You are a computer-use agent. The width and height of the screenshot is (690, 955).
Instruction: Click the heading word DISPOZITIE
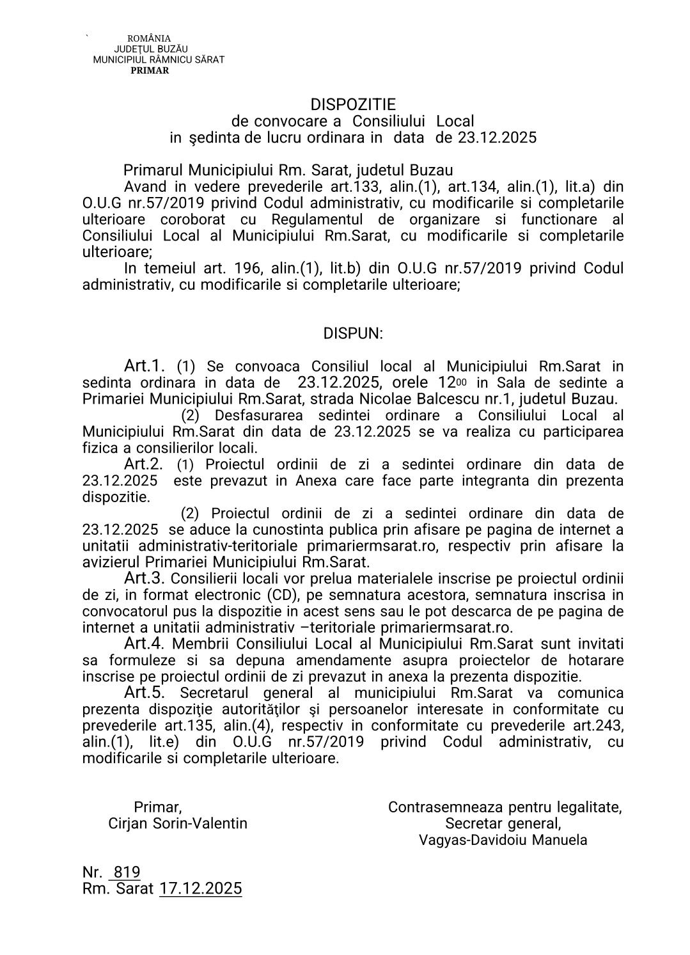(353, 104)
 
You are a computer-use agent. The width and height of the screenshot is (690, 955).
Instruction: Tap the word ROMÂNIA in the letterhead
(150, 39)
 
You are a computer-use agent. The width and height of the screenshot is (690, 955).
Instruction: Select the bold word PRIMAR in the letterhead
(150, 70)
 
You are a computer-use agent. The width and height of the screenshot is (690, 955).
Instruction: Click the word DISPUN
(353, 333)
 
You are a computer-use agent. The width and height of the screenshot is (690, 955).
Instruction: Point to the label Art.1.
(145, 366)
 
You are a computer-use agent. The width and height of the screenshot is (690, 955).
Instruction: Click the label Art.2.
(143, 464)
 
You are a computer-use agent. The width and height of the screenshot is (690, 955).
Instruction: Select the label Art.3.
(145, 578)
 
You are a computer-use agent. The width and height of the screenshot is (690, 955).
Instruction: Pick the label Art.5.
(145, 692)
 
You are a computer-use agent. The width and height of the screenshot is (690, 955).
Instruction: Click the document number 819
(127, 872)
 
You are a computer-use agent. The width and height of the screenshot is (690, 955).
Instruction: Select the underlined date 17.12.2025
(201, 888)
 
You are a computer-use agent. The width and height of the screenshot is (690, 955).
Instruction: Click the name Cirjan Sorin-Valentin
(178, 823)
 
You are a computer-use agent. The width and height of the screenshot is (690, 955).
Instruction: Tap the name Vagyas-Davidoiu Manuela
(503, 840)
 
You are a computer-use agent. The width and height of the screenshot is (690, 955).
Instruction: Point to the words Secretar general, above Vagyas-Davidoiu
(503, 823)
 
